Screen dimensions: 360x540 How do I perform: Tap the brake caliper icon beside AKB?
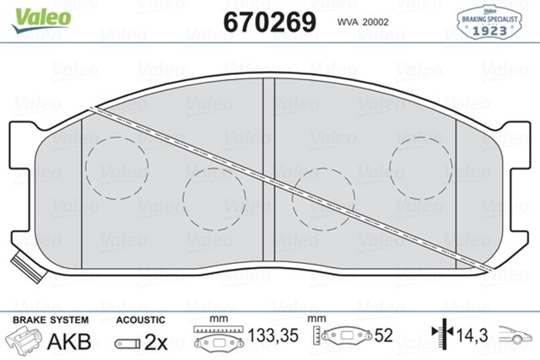pyautogui.click(x=24, y=340)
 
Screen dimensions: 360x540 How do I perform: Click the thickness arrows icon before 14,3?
pyautogui.click(x=439, y=336)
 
